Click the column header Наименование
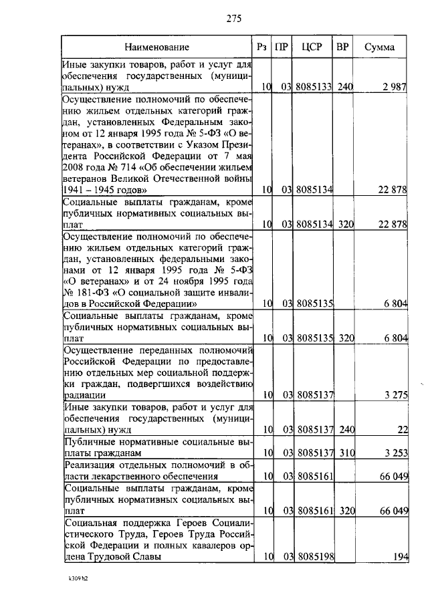[156, 47]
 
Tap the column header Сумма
[379, 47]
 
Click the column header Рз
[263, 47]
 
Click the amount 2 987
[394, 87]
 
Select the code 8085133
[314, 87]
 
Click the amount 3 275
[395, 395]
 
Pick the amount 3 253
[395, 453]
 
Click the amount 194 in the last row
[400, 556]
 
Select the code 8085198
[314, 556]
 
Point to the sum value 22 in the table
[402, 430]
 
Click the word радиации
[83, 395]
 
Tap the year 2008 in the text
[76, 168]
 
